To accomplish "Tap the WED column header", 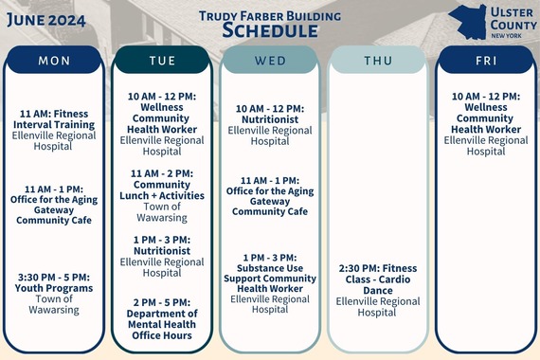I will [x=269, y=61].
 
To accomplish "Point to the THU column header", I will [x=377, y=61].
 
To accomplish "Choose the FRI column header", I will [x=485, y=61].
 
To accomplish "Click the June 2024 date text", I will [x=45, y=17].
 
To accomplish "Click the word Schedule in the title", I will [x=270, y=30].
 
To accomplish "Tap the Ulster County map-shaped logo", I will [x=467, y=21].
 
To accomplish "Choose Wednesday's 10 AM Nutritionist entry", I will [x=269, y=125].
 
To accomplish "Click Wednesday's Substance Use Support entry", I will [x=269, y=283].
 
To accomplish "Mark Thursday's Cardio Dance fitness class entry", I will [x=377, y=290].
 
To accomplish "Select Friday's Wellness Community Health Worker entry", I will [x=485, y=123].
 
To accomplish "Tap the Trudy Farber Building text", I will [x=270, y=14].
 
